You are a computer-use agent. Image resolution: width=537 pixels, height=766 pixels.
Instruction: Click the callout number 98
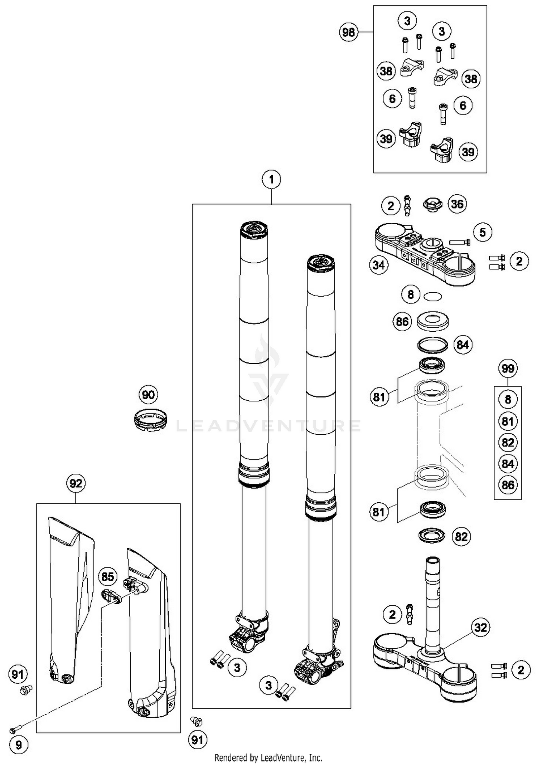point(348,33)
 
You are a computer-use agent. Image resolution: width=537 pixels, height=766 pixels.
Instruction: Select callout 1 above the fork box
point(271,179)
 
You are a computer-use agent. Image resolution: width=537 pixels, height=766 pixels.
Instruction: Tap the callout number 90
point(148,395)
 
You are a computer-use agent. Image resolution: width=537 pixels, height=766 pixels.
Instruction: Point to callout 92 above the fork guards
point(76,483)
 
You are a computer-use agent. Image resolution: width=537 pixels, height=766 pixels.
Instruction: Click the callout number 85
point(108,576)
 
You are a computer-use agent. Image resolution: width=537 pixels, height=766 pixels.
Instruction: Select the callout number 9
point(18,745)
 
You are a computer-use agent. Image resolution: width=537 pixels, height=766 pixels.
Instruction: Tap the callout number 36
point(457,204)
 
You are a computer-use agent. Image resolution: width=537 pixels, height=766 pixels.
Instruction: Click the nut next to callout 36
point(432,205)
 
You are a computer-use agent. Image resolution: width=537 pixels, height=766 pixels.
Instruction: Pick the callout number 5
point(482,232)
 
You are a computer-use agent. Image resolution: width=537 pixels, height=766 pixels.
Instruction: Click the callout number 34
point(378,265)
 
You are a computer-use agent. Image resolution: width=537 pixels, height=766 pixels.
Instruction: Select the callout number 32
point(480,627)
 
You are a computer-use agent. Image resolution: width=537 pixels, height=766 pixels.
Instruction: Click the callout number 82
point(461,537)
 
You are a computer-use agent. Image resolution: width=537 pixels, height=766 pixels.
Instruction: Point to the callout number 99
point(508,369)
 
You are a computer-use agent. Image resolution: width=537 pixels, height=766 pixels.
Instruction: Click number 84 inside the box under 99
point(508,464)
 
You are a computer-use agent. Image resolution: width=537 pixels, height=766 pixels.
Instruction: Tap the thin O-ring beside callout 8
point(432,296)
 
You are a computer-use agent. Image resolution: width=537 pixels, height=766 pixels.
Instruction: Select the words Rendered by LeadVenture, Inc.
point(268,757)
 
